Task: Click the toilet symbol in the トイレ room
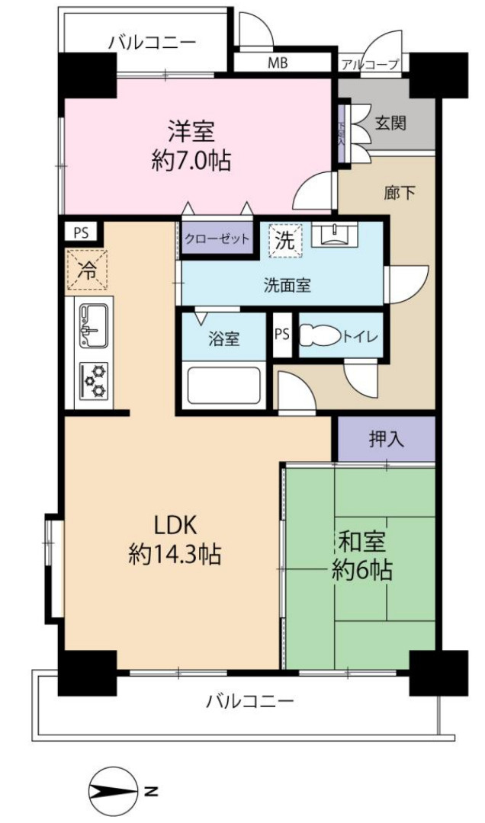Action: pos(320,336)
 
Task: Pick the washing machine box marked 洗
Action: pos(284,242)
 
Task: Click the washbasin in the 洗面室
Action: pos(334,234)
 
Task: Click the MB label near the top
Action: pos(278,63)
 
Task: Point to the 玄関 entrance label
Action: pos(390,122)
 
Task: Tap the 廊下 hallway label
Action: pos(400,194)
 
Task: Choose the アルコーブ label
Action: pos(371,65)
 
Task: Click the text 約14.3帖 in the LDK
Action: pos(175,556)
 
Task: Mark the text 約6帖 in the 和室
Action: pos(362,570)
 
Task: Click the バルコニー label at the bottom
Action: pos(249,701)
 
